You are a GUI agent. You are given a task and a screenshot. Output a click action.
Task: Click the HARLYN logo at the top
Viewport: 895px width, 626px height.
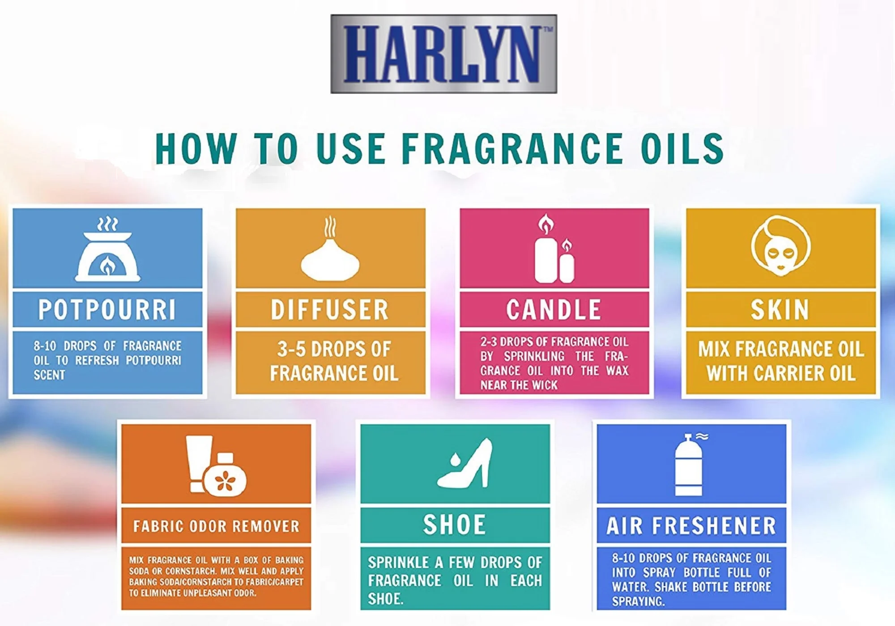pos(443,54)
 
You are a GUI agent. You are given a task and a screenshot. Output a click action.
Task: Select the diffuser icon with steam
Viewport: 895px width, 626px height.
pos(330,249)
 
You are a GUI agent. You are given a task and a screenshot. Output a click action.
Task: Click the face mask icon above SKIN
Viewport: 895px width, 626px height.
pos(780,245)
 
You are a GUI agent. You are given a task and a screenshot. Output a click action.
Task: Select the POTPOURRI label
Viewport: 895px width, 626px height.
pos(107,309)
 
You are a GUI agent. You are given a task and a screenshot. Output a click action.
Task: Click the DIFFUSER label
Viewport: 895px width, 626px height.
pos(330,309)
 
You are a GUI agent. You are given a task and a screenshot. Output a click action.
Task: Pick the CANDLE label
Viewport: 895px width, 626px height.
pos(554,309)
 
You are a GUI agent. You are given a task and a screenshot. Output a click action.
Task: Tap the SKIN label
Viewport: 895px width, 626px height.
pos(780,309)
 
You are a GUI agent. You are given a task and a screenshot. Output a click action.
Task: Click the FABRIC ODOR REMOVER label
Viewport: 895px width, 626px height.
pos(216,526)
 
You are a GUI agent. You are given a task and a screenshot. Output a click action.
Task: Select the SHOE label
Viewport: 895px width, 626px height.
pos(455,525)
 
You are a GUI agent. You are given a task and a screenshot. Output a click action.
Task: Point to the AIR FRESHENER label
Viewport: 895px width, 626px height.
pos(691,526)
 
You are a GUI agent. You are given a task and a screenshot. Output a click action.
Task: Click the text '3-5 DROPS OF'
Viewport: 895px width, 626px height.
pos(334,349)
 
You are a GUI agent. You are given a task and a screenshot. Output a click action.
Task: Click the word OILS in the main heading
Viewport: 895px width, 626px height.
pos(683,148)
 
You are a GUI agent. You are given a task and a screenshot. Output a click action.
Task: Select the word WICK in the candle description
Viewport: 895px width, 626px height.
pos(545,385)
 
